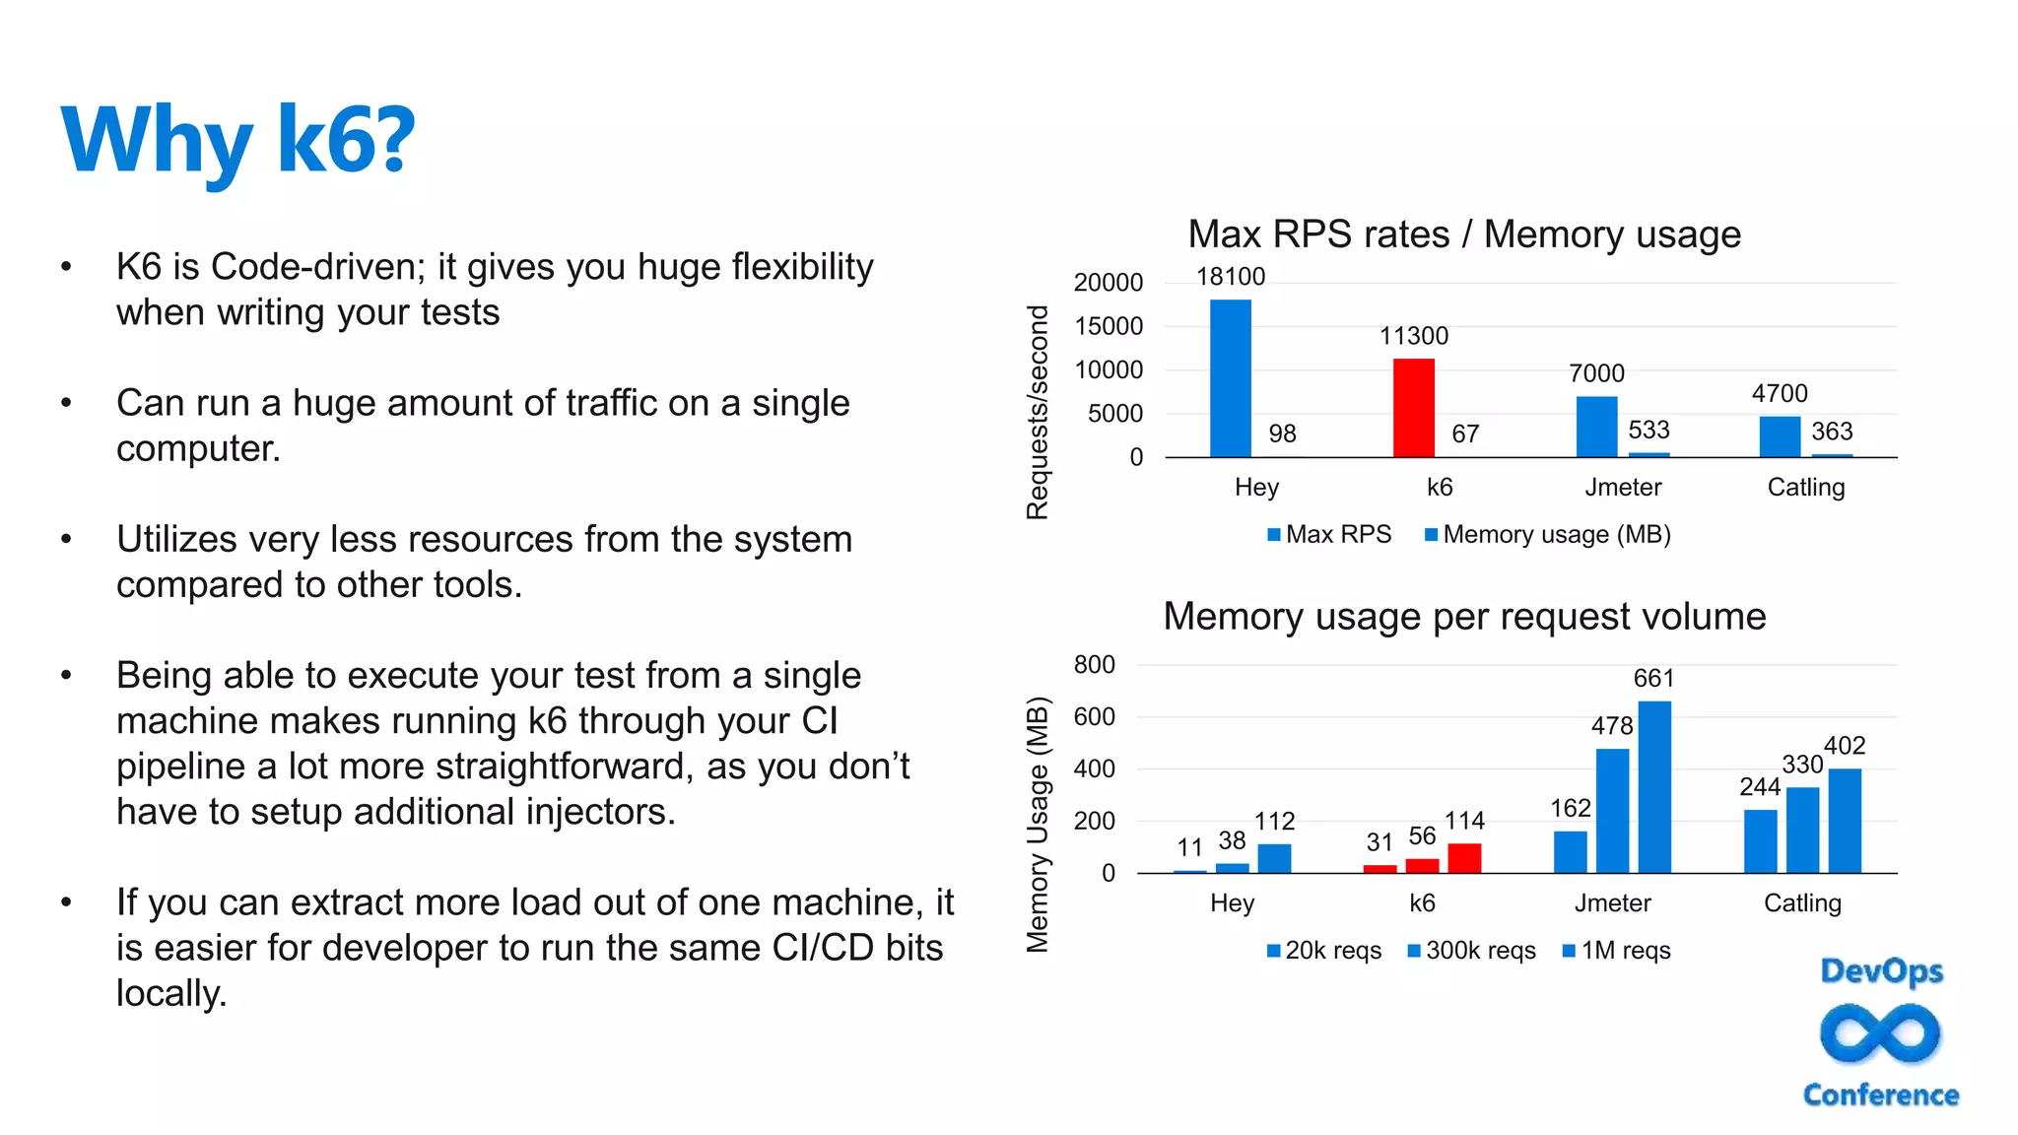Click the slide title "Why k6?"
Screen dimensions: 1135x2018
[237, 141]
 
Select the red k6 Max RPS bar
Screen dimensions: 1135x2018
[1413, 408]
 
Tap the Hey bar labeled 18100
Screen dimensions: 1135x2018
[1230, 378]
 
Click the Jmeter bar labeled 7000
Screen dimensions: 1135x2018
[1596, 427]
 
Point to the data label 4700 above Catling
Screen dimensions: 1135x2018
[1779, 394]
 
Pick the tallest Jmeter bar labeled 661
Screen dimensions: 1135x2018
[1654, 787]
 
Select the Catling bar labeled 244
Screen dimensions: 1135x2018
[1760, 841]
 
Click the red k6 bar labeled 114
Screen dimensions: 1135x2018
[1464, 858]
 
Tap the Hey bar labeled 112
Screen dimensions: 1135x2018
[1274, 858]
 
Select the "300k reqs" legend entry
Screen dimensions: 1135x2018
[1472, 951]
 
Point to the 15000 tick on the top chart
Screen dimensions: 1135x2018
[1109, 326]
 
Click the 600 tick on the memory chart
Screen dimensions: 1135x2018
[1094, 717]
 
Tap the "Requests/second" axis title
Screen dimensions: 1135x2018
[1037, 412]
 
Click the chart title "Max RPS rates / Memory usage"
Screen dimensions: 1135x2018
[1464, 234]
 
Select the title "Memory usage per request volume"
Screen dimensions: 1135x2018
[1464, 617]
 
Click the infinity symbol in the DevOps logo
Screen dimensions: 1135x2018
[1880, 1034]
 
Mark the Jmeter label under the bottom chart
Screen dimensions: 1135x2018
[1612, 903]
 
